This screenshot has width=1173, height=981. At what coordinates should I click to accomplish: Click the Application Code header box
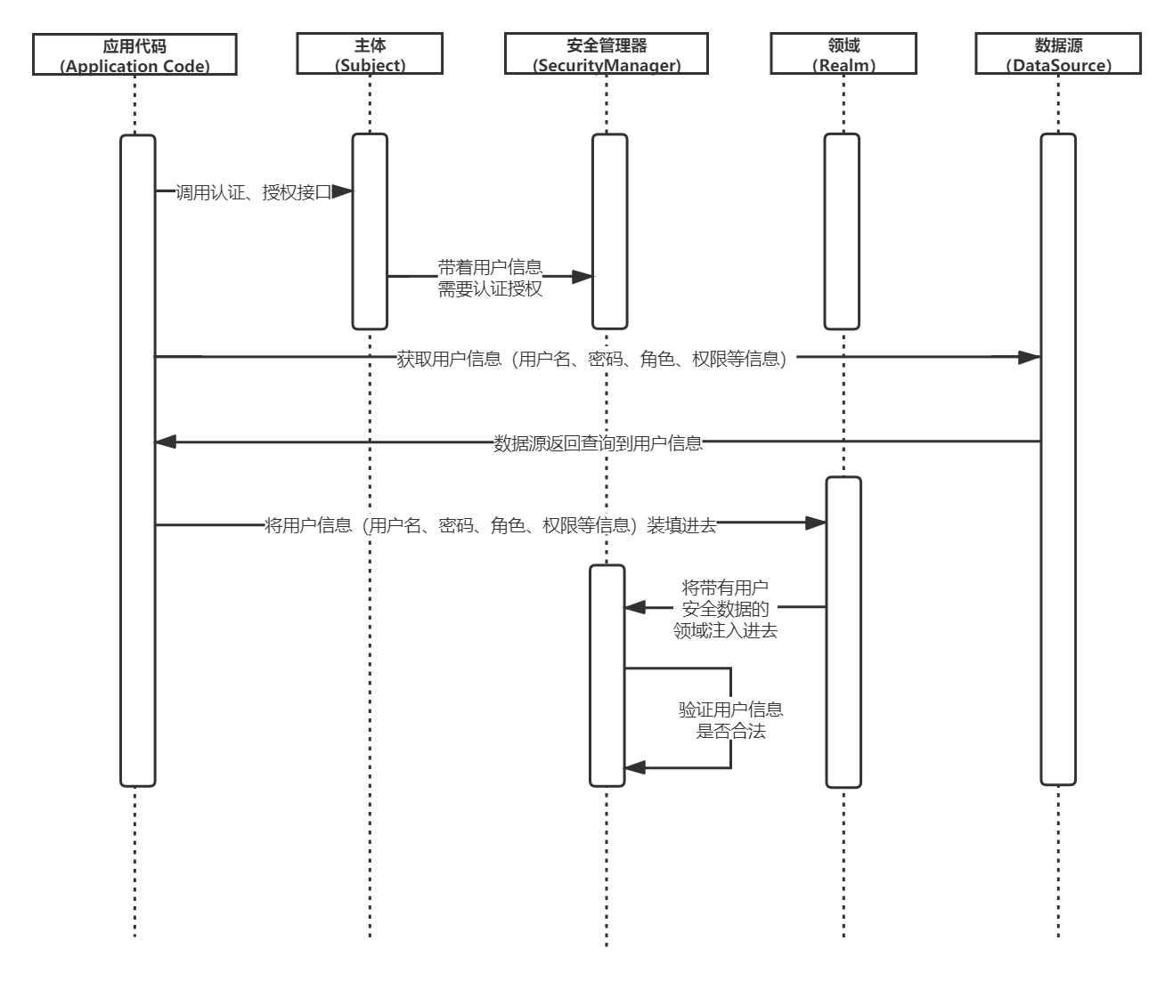tap(134, 54)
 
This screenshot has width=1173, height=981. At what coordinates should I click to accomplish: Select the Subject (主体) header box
tap(370, 54)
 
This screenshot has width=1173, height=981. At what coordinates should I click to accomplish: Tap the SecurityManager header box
tap(607, 54)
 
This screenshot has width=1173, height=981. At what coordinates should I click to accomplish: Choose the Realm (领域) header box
tap(843, 54)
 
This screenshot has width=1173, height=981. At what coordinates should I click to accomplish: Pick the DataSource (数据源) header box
tap(1058, 54)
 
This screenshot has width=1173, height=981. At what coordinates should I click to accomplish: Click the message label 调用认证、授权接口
tap(253, 192)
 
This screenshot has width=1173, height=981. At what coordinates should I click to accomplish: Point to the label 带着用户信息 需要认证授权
tap(490, 278)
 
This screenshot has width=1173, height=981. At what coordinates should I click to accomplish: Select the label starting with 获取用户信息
tap(592, 360)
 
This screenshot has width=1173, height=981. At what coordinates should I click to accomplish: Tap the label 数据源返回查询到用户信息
tap(598, 443)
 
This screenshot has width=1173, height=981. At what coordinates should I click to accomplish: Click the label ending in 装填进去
tap(491, 525)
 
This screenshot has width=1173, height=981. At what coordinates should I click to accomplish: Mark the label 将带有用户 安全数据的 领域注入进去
tap(725, 609)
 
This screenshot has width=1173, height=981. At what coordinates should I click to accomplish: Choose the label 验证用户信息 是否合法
tap(731, 720)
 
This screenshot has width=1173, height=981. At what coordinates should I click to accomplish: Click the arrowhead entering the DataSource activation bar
tap(1029, 357)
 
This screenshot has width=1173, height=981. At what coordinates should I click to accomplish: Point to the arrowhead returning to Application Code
tap(167, 442)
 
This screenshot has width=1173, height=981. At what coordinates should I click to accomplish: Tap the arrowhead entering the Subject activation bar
tap(342, 191)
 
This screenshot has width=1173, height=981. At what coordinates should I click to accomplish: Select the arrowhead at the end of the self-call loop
tap(634, 767)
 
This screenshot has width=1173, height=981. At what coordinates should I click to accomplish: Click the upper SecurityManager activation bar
tap(610, 231)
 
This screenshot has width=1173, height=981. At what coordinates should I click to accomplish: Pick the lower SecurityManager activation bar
tap(607, 676)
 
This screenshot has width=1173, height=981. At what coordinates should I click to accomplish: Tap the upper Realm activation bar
tap(842, 231)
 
